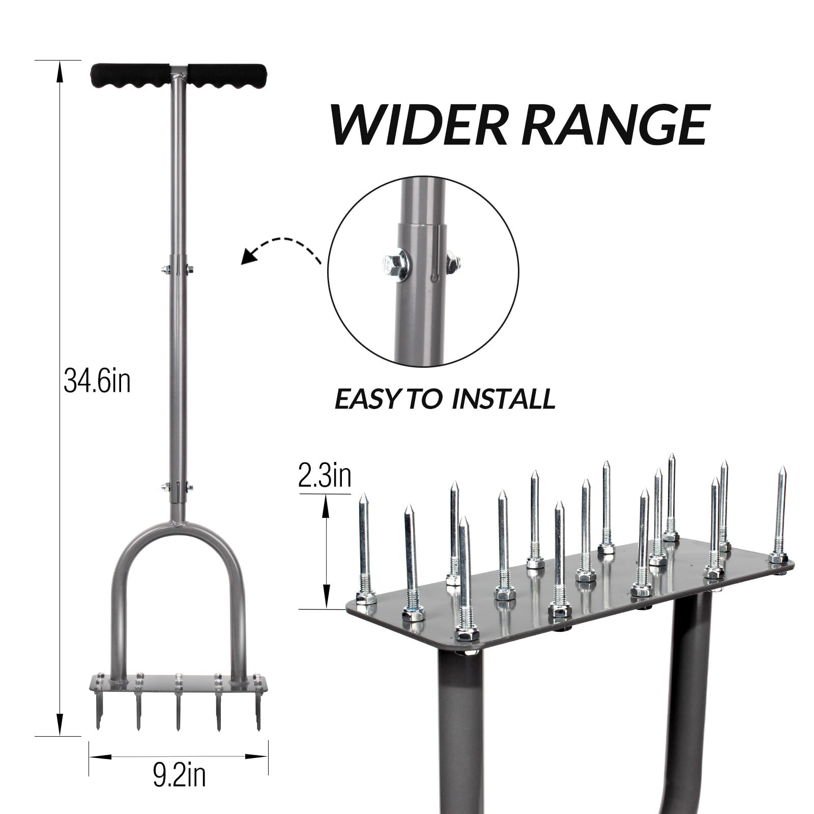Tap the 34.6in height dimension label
click(97, 382)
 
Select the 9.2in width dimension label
click(179, 776)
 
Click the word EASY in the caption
click(364, 399)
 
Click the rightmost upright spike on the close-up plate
click(780, 514)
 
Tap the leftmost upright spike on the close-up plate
click(364, 544)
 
